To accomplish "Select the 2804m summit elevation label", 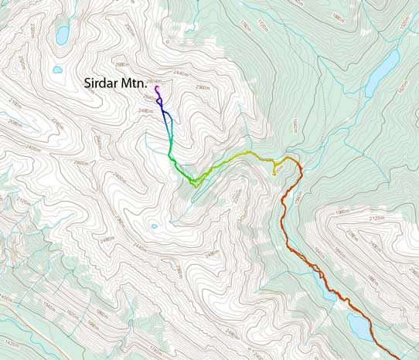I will coord(154,81).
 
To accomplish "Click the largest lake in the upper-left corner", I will coord(62,35).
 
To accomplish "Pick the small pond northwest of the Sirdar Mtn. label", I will coord(57,70).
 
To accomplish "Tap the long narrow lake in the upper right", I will coord(381,71).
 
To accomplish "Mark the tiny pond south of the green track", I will coord(154,226).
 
